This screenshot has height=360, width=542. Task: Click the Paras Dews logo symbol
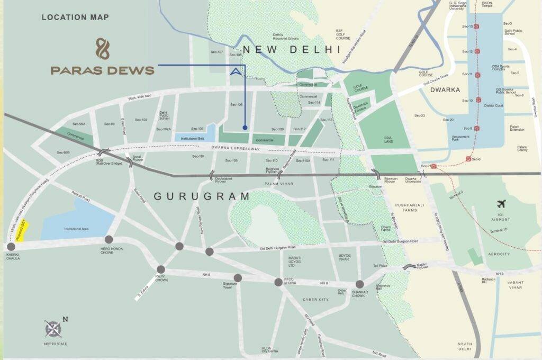(102, 49)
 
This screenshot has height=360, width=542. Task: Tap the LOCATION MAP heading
(75, 17)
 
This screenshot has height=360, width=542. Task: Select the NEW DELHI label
(291, 50)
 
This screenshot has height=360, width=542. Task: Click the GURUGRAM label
(202, 196)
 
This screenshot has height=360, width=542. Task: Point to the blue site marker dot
(245, 127)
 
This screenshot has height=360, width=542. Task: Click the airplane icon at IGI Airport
(502, 204)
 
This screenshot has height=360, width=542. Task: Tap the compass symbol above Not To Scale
(54, 329)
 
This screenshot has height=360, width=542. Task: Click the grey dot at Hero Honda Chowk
(109, 239)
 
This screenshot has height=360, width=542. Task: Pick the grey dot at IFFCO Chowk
(278, 282)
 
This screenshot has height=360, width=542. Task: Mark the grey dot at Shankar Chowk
(360, 284)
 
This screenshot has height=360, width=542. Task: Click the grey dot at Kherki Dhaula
(11, 247)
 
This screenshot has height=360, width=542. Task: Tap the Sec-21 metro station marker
(433, 166)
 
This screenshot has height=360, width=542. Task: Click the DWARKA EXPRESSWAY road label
(236, 149)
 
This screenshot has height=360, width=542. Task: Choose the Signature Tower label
(230, 286)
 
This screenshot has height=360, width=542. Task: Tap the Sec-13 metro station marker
(477, 26)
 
